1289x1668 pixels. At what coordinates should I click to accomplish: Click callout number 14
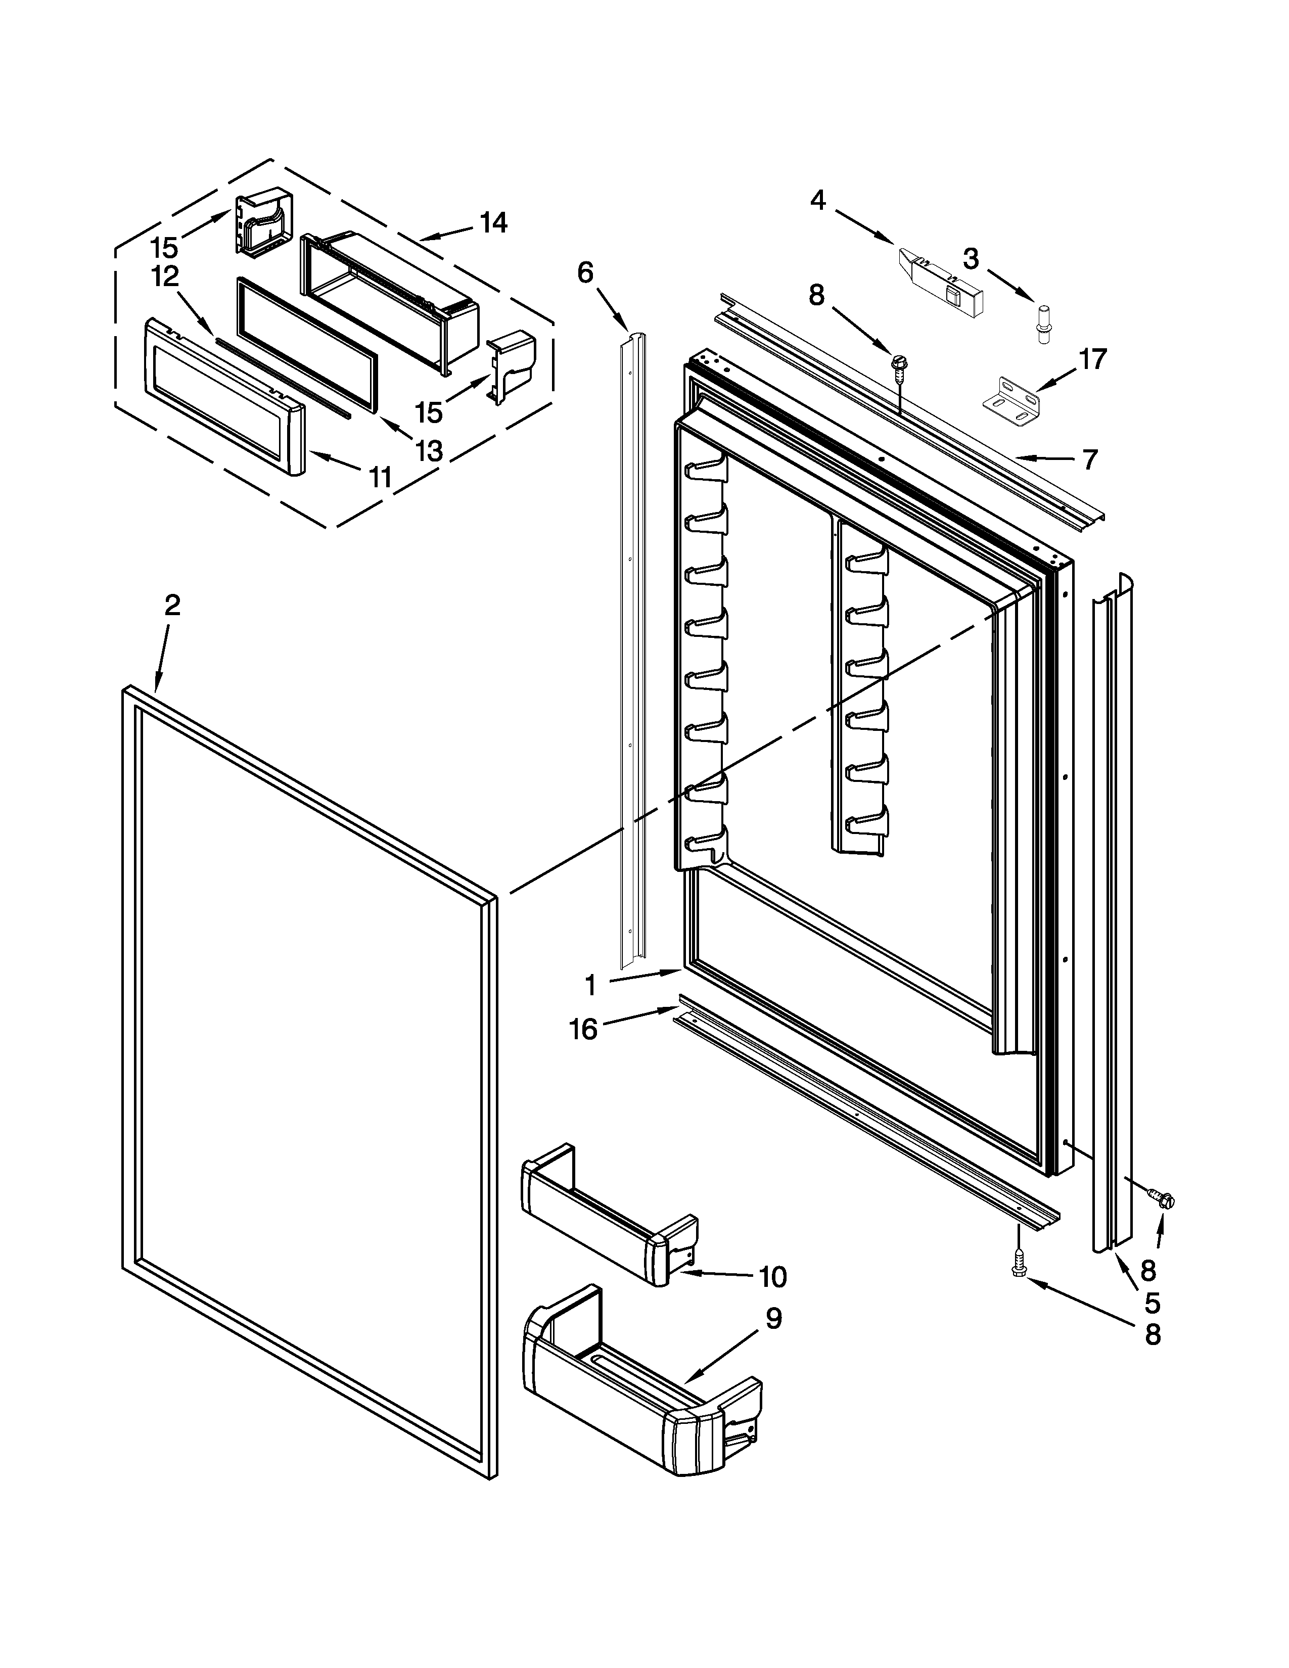493,223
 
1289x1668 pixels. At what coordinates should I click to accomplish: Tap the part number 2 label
172,606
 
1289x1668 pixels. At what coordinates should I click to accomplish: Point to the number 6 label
585,272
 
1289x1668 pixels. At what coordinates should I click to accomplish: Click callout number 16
583,1030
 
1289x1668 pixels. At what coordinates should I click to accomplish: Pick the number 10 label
773,1276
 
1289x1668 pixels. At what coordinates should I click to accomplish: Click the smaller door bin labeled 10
607,1223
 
